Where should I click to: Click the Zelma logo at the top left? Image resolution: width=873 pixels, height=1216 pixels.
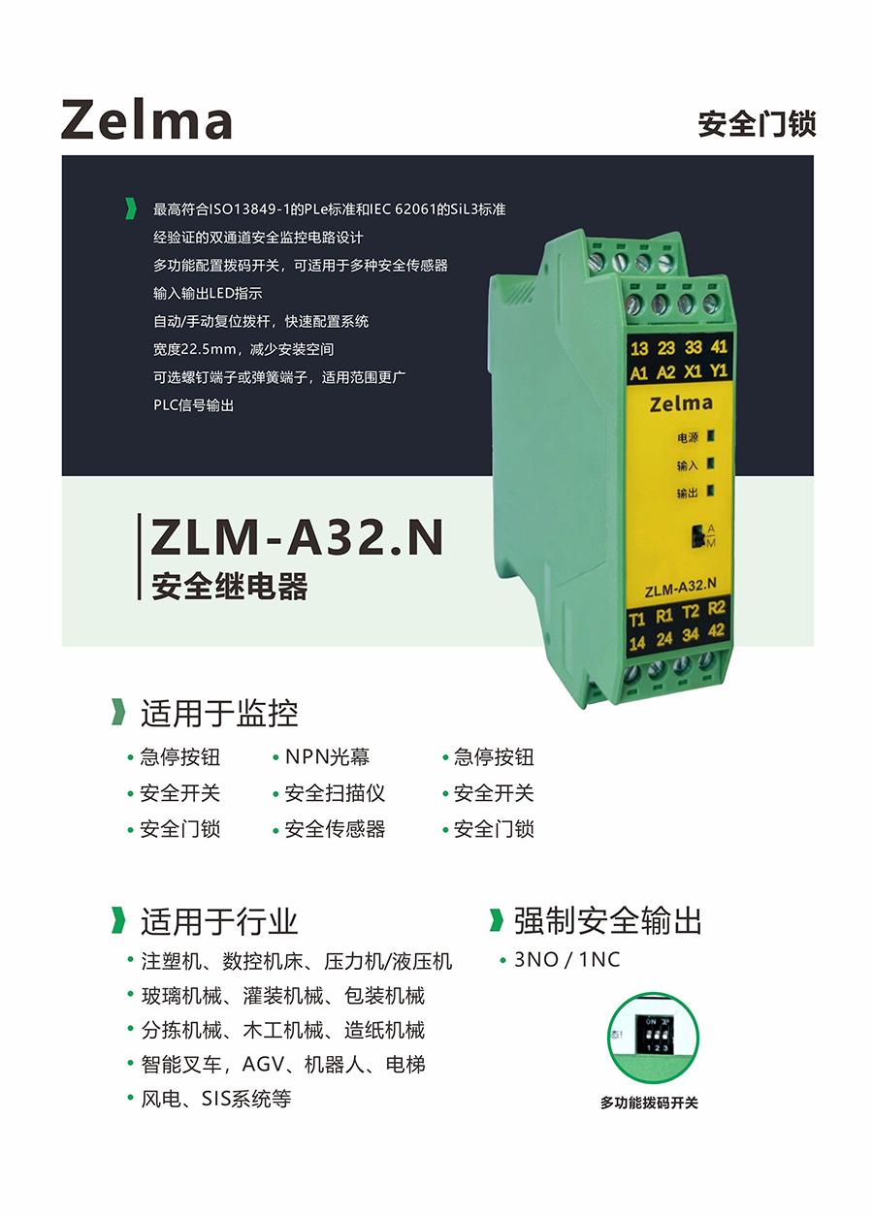coord(146,119)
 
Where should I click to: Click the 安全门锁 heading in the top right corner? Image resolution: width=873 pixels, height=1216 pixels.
coord(757,124)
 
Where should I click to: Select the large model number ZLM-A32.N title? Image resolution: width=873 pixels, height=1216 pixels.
coord(297,537)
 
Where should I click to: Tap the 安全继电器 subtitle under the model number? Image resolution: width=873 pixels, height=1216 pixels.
coord(230,587)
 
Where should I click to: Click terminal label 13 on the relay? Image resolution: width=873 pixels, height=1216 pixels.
coord(639,348)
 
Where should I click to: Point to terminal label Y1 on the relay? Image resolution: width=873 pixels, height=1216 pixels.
coord(718,370)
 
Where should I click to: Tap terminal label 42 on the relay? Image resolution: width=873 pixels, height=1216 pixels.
coord(716,630)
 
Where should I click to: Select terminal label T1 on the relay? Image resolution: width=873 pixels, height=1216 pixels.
coord(637,619)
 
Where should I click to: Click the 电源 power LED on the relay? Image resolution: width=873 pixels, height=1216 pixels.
coord(711,435)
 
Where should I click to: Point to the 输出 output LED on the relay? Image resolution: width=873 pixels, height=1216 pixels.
coord(710,491)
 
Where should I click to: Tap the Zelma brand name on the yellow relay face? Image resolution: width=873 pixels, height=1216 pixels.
coord(681,404)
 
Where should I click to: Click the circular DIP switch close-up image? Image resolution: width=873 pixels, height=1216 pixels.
coord(653,1038)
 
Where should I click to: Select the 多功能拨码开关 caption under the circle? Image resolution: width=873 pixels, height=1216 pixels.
coord(649,1103)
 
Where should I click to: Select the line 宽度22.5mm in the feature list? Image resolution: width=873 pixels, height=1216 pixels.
coord(243,349)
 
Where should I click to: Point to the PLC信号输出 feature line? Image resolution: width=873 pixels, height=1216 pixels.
coord(193,405)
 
